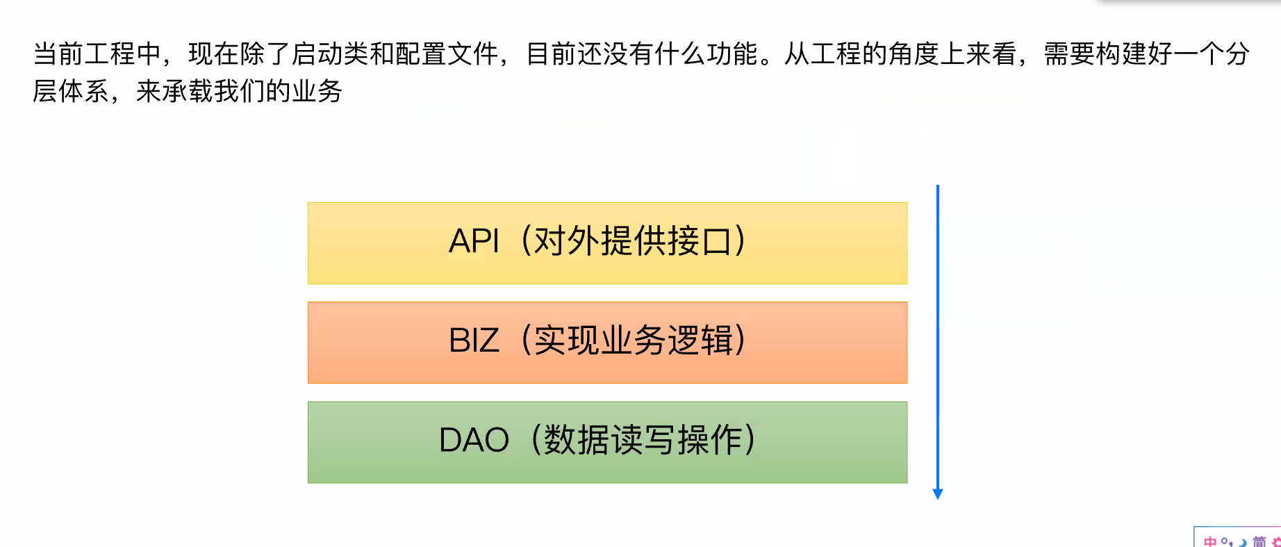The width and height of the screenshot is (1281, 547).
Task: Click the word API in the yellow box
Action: [x=474, y=242]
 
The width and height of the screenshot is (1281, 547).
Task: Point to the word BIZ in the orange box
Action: [x=474, y=341]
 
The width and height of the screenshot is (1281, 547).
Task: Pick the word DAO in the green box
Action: [x=474, y=440]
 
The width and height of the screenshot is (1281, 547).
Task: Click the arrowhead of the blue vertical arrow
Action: [x=938, y=493]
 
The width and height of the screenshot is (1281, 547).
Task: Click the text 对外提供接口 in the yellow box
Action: [x=633, y=242]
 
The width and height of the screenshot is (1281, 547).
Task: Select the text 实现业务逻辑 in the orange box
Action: [x=633, y=341]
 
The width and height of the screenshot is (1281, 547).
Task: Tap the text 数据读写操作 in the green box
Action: [x=643, y=440]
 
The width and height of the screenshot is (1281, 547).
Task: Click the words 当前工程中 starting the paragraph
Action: [x=97, y=54]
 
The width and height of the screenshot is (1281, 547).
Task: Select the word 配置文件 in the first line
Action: [x=446, y=54]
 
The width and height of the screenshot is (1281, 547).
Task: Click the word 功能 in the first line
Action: [x=732, y=54]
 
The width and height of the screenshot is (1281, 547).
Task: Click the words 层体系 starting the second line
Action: [x=71, y=91]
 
